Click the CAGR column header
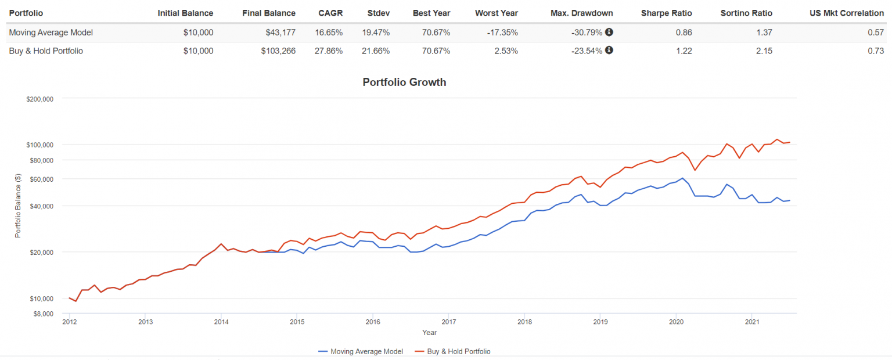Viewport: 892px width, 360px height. click(x=330, y=13)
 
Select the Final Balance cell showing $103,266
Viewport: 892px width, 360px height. click(x=278, y=51)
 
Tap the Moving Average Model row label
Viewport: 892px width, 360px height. click(x=51, y=33)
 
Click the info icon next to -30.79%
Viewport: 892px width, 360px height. click(x=609, y=33)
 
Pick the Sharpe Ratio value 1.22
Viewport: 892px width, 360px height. click(x=684, y=51)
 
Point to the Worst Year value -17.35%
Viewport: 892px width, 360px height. click(x=502, y=33)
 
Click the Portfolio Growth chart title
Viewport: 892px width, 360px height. click(x=404, y=82)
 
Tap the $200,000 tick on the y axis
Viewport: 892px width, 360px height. click(x=40, y=99)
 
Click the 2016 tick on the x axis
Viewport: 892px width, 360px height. click(x=373, y=322)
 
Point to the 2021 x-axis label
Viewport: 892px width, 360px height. click(x=752, y=322)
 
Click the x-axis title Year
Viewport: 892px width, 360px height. click(x=429, y=333)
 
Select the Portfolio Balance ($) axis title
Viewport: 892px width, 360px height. click(x=17, y=206)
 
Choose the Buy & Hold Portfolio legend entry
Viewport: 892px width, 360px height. click(x=452, y=351)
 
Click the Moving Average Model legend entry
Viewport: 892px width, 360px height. click(x=361, y=351)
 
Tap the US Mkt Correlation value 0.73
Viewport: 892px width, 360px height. click(x=876, y=51)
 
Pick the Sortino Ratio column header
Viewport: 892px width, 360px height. click(x=746, y=13)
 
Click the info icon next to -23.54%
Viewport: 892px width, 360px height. click(x=609, y=50)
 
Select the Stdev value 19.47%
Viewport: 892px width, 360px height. click(x=376, y=33)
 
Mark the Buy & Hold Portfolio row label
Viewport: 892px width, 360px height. click(x=46, y=51)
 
